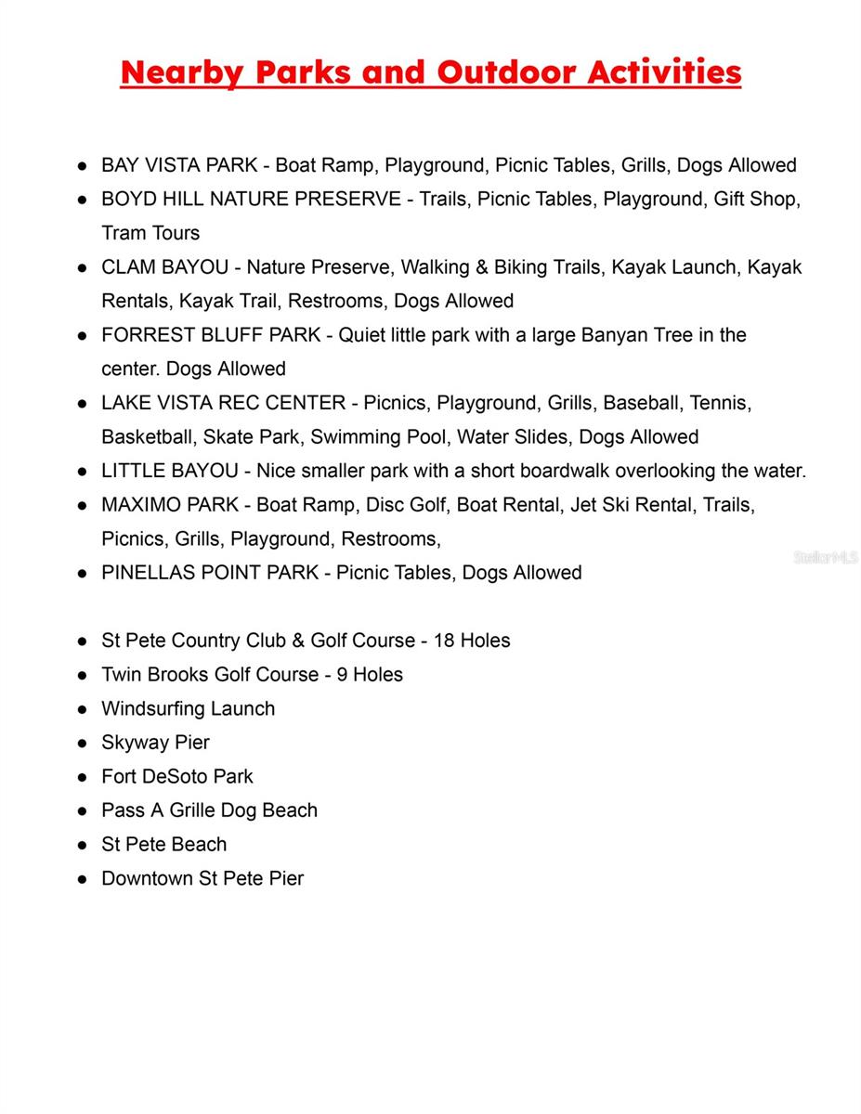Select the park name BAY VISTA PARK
pos(179,165)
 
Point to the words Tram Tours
pos(150,233)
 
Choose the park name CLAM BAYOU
pos(164,267)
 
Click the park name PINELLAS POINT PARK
pos(210,573)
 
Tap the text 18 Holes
pos(472,641)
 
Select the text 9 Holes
pos(370,675)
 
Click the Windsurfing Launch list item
pos(188,709)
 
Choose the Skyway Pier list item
pos(155,743)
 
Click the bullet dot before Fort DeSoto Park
pos(83,777)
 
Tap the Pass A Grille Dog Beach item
pos(209,810)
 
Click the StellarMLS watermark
pos(825,557)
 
